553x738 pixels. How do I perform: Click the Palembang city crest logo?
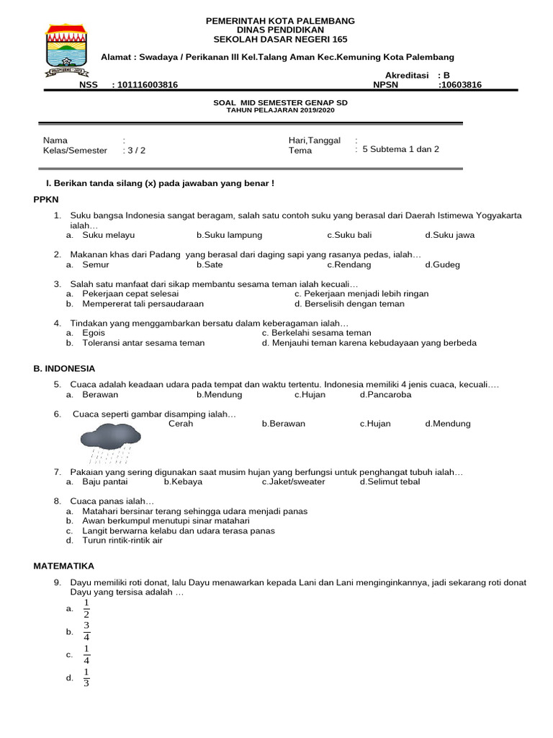coord(66,49)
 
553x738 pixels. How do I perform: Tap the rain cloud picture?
coord(109,442)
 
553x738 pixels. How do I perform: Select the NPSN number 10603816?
coord(461,85)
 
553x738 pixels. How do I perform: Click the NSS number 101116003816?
coord(147,85)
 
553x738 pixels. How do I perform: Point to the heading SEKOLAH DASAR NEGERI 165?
coord(281,40)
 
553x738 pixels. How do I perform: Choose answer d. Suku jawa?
coord(450,235)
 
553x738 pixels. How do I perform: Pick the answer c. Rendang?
coord(349,264)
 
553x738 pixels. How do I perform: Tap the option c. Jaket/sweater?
coord(293,482)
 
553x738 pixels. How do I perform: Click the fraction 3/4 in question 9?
coord(86,631)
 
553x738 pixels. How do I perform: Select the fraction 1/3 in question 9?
coord(86,677)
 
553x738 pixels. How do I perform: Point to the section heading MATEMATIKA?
coord(64,566)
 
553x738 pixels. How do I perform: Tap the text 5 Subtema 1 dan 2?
coord(400,150)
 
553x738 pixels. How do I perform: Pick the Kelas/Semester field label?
coord(75,151)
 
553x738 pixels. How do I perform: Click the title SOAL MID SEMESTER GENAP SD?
coord(281,103)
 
